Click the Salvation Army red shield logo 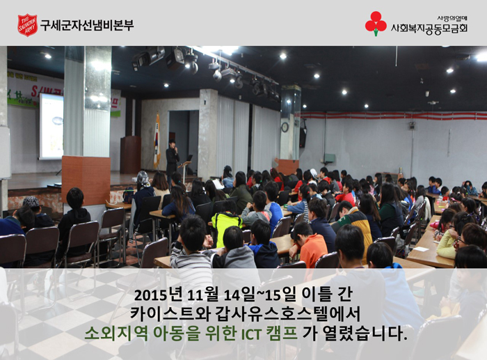click(x=28, y=25)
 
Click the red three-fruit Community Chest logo click(x=376, y=24)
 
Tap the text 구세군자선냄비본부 click(x=87, y=25)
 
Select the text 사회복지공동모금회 click(x=429, y=29)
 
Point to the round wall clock click(x=285, y=127)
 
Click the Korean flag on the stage click(x=157, y=141)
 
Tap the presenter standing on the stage click(x=172, y=161)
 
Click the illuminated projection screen click(x=51, y=126)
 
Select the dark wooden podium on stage click(x=131, y=155)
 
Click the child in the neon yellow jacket click(x=226, y=222)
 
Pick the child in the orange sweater click(x=308, y=244)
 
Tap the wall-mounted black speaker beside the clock click(x=303, y=137)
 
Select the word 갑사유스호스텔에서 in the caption click(x=287, y=314)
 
